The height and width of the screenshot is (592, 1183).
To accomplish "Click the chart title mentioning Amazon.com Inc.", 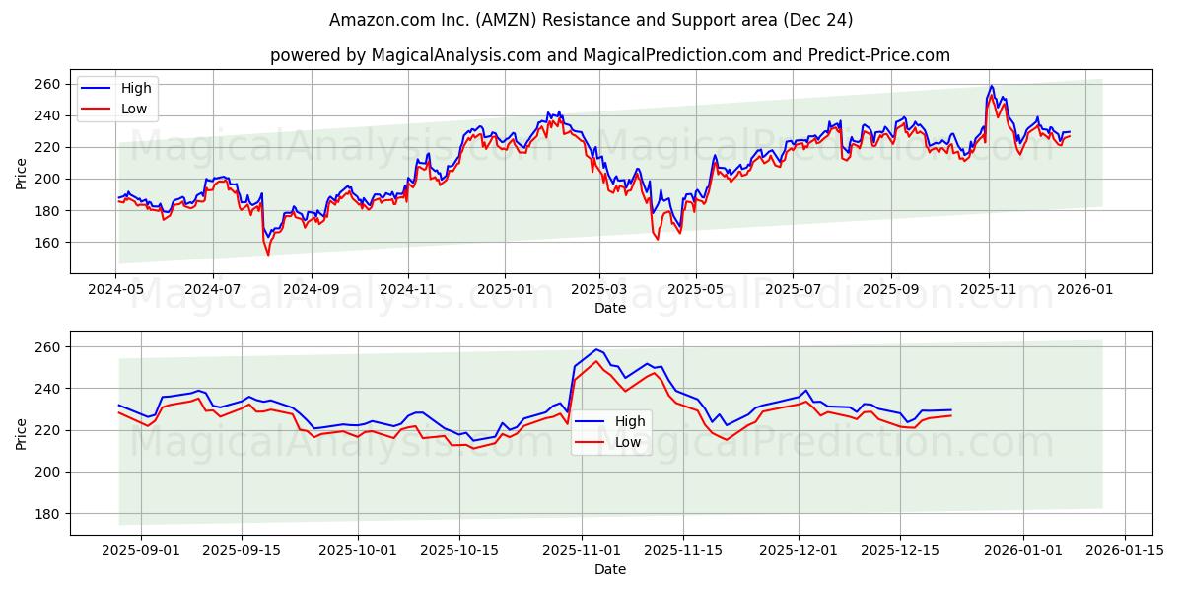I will point(591,20).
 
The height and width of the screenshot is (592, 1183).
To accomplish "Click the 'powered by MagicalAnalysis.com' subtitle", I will point(610,55).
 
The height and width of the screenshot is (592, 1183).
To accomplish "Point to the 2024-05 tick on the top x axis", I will point(116,291).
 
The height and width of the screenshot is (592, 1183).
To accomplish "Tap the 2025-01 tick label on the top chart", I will point(504,291).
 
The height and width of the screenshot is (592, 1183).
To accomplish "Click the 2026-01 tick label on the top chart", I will point(1085,291).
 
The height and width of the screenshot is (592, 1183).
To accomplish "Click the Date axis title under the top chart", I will point(610,308).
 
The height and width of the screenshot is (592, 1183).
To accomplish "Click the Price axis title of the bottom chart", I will point(22,432).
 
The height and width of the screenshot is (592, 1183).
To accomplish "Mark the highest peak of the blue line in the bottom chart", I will point(596,349).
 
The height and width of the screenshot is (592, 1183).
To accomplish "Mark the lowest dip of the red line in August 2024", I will point(268,255).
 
